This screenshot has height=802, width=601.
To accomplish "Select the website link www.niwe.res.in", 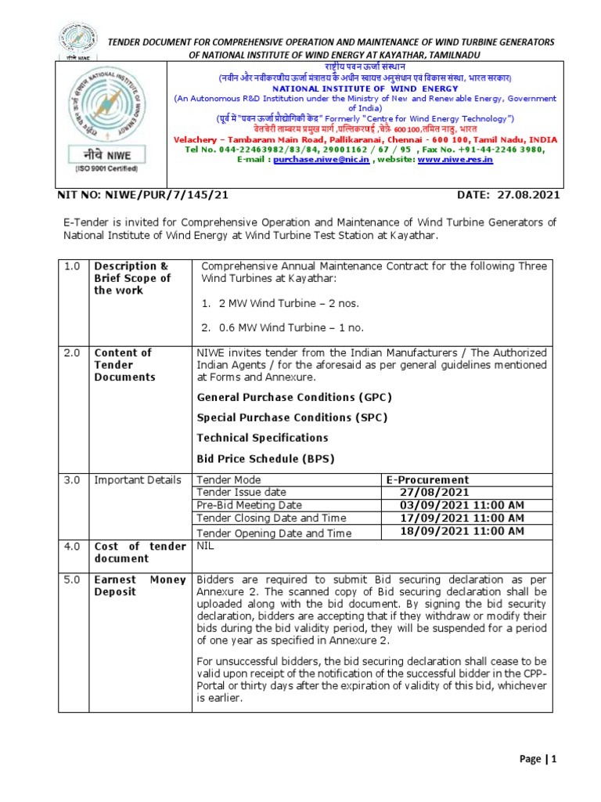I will click(455, 159).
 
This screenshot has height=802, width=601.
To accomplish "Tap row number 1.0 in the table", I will click(72, 266).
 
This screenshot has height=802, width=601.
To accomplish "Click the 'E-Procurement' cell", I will click(427, 479).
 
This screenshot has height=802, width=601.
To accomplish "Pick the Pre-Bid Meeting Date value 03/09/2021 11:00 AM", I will click(462, 505).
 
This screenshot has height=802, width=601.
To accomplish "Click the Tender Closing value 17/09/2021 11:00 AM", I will click(462, 518).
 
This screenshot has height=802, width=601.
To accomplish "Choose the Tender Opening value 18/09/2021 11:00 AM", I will click(462, 532).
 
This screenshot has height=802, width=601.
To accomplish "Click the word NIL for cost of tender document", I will click(205, 546).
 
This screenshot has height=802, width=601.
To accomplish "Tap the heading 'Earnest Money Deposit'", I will click(139, 586).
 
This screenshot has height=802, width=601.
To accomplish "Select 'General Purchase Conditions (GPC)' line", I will click(294, 397).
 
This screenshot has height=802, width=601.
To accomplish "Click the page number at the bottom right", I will click(538, 758).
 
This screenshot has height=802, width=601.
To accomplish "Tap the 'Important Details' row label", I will click(138, 480).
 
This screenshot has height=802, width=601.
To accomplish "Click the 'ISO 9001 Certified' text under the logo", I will click(106, 168).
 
